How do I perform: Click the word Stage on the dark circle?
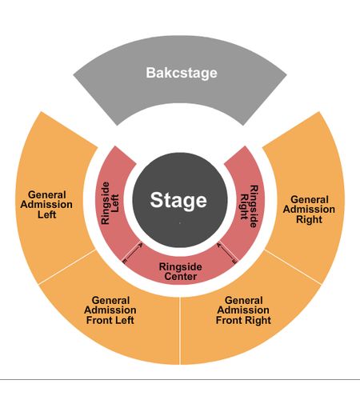(x=178, y=200)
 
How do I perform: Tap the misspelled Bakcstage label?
(x=182, y=73)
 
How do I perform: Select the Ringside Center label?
(x=181, y=271)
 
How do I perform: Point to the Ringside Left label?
(x=110, y=203)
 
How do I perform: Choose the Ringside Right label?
(x=250, y=206)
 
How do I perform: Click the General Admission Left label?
(x=46, y=205)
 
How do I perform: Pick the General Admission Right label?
(x=309, y=210)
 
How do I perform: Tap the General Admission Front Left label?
(x=110, y=310)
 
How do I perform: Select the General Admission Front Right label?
(x=243, y=310)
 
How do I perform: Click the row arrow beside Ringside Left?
(x=132, y=252)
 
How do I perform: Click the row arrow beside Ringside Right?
(x=226, y=252)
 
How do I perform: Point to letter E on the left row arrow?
(x=124, y=262)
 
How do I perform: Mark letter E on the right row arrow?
(x=234, y=262)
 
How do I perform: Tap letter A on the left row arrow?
(x=141, y=244)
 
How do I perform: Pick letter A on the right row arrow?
(x=219, y=244)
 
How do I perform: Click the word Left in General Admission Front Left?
(x=123, y=320)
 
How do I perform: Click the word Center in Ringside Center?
(x=181, y=276)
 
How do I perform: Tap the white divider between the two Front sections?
(x=180, y=330)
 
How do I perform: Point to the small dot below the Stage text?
(x=180, y=222)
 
